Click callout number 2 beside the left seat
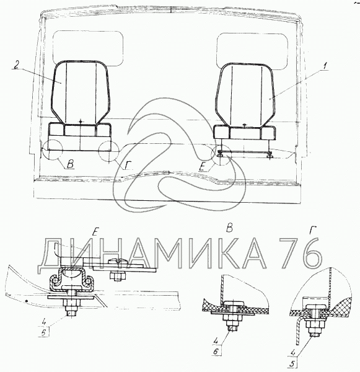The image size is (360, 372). (x=15, y=64)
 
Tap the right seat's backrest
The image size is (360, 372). (x=245, y=94)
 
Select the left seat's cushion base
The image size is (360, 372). (x=80, y=130)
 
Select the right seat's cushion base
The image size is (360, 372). (x=245, y=133)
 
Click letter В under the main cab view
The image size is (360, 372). (x=70, y=164)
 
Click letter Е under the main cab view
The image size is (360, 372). (x=202, y=167)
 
